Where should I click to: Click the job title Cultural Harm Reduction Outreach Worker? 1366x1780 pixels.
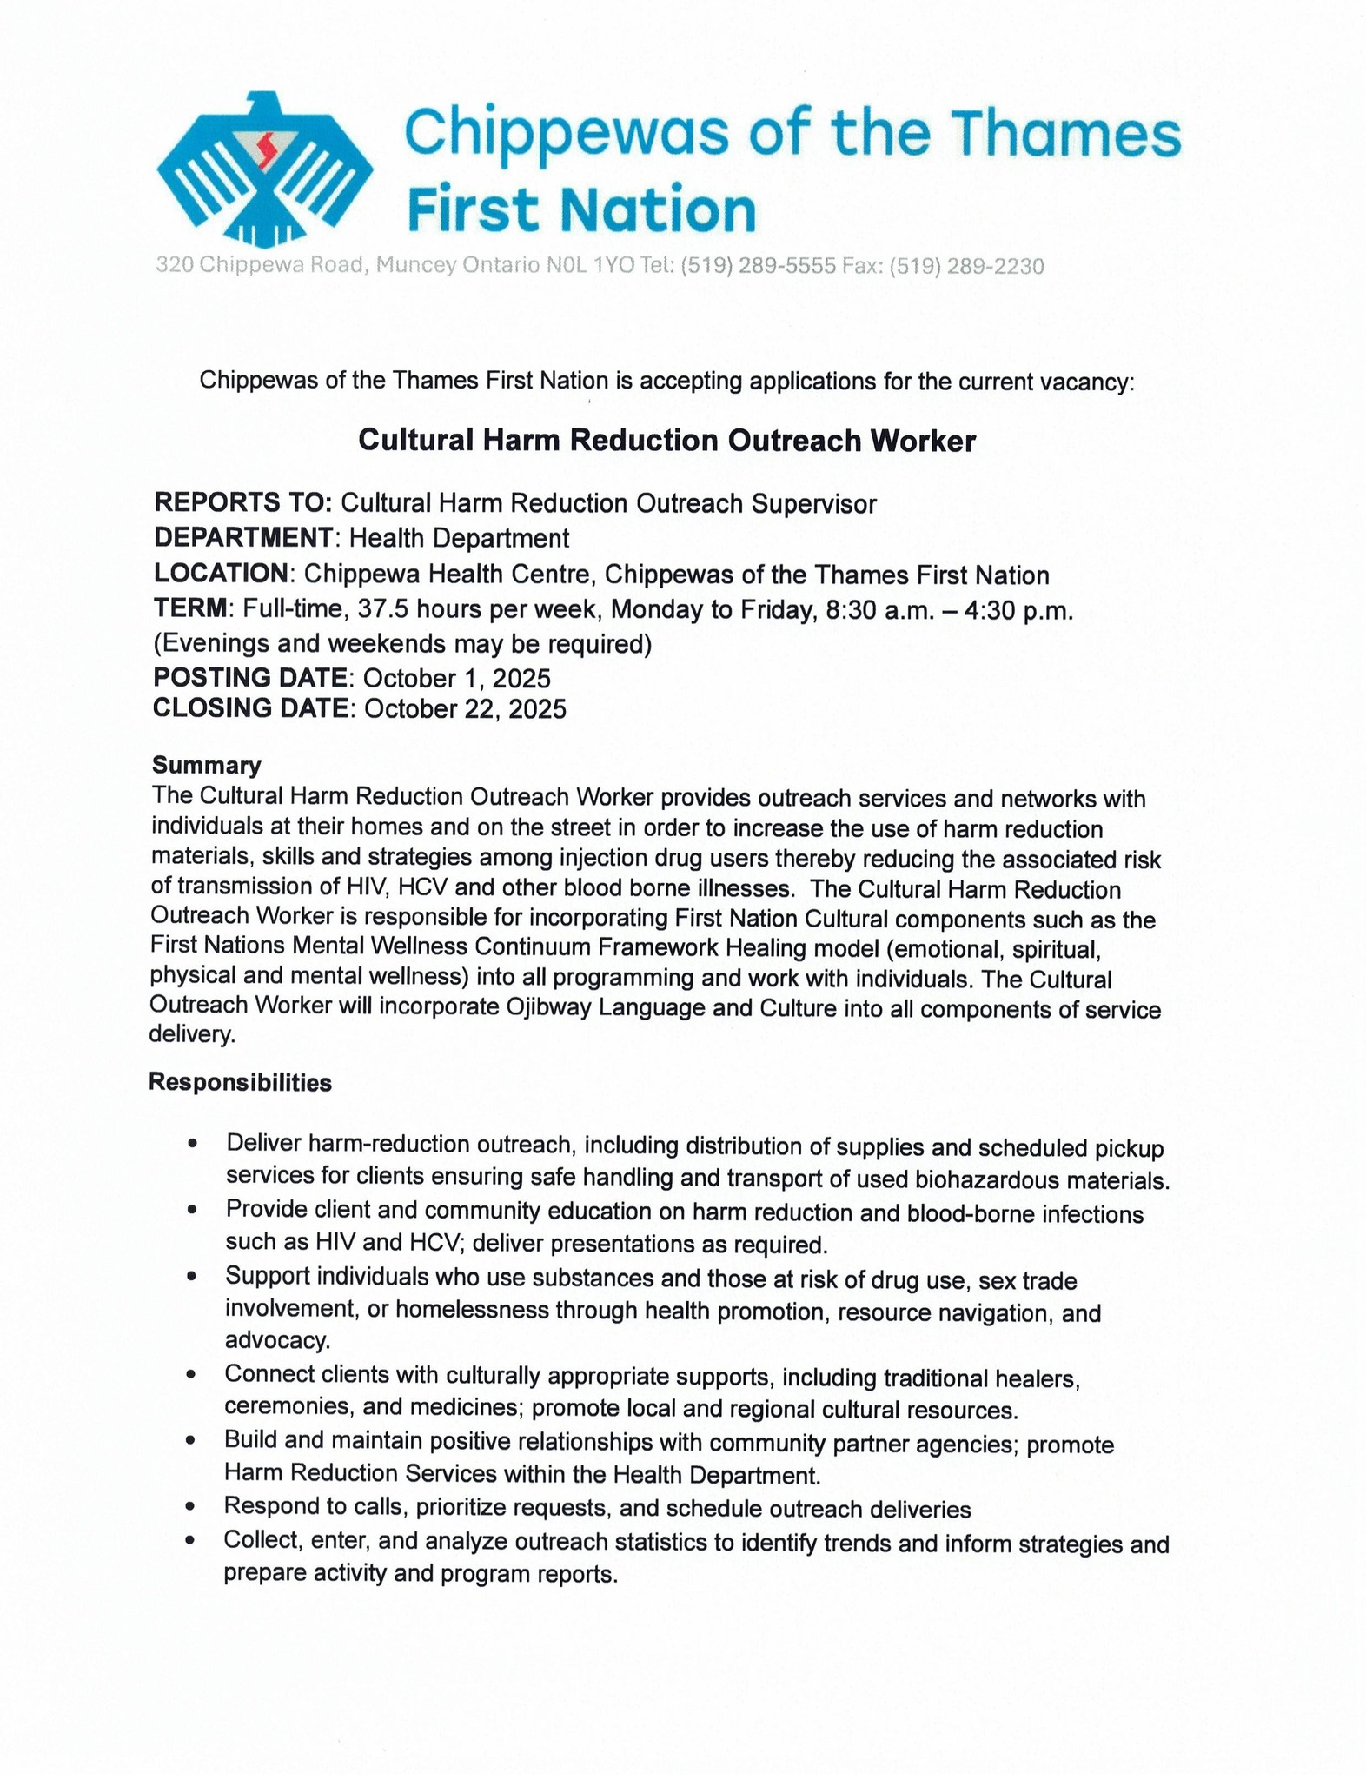pos(667,442)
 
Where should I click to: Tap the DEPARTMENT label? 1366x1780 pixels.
pos(243,538)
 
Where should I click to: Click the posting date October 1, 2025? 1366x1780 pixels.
pos(456,679)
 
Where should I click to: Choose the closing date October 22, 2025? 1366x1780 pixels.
pos(465,709)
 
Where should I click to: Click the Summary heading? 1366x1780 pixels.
pos(206,766)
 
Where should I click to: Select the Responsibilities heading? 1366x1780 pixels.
pos(240,1083)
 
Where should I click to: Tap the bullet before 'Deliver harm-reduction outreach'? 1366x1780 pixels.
pos(192,1145)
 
